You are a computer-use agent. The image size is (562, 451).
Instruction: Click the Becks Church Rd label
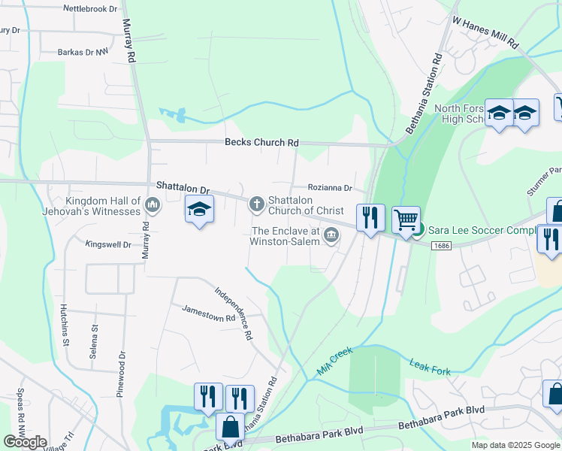261,143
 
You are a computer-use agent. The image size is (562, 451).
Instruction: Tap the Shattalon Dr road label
183,186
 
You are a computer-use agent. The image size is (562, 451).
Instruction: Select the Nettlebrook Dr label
91,9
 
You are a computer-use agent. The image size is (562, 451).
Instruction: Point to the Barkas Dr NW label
83,53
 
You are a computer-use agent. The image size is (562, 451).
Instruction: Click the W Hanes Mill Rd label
485,33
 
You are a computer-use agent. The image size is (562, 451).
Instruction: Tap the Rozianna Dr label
329,188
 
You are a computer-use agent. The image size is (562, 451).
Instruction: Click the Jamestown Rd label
203,313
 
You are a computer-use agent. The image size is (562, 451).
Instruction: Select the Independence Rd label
234,314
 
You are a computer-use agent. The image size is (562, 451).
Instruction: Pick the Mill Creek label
334,362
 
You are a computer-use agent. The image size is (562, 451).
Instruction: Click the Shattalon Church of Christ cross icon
257,203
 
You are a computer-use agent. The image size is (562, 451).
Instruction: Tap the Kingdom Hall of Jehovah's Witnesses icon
153,204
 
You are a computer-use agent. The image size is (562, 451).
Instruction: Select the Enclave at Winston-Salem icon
331,238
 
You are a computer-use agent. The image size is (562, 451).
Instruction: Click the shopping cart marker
406,219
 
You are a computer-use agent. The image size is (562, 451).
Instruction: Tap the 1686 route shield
441,246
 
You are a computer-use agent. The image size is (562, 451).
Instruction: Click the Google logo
25,442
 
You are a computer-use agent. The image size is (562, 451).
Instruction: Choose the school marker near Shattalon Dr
200,210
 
